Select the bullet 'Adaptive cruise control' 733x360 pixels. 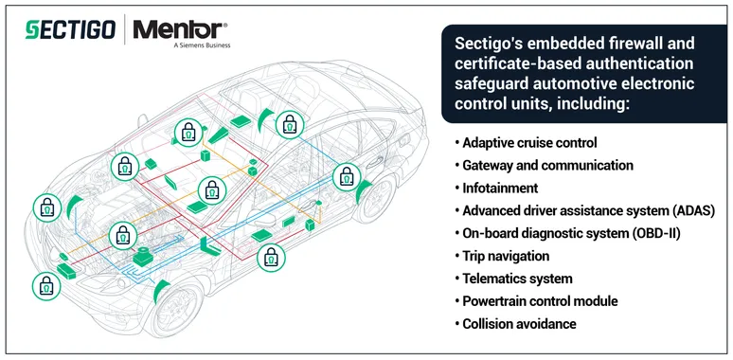529,143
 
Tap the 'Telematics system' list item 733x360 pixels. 517,279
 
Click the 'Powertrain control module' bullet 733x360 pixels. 540,301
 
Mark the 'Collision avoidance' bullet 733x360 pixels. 519,324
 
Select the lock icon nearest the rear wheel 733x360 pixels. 349,175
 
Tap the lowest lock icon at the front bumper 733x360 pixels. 43,284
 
